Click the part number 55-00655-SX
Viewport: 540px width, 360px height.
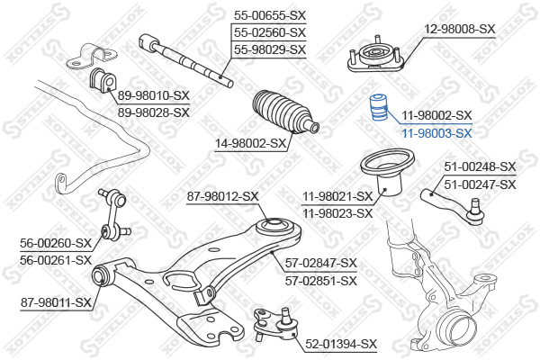click(270, 15)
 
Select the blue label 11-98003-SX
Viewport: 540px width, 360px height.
click(437, 133)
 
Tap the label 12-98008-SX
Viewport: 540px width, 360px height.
click(459, 29)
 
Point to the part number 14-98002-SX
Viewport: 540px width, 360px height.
click(250, 143)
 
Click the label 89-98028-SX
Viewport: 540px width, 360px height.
click(154, 112)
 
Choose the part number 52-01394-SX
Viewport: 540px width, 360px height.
click(341, 344)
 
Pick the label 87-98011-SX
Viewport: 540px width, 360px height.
click(56, 302)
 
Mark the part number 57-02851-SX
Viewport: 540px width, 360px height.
click(321, 281)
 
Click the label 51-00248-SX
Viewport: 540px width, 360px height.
click(480, 166)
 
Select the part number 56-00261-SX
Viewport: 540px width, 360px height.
click(56, 260)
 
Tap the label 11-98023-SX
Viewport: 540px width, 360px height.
click(337, 213)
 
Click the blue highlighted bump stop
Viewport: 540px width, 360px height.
click(379, 107)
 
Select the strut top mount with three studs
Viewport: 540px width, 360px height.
click(375, 55)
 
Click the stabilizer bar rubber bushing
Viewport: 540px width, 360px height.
click(103, 80)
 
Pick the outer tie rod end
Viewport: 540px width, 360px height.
click(454, 206)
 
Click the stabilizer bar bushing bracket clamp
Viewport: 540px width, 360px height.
click(92, 56)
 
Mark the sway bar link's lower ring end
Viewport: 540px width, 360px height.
click(105, 231)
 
